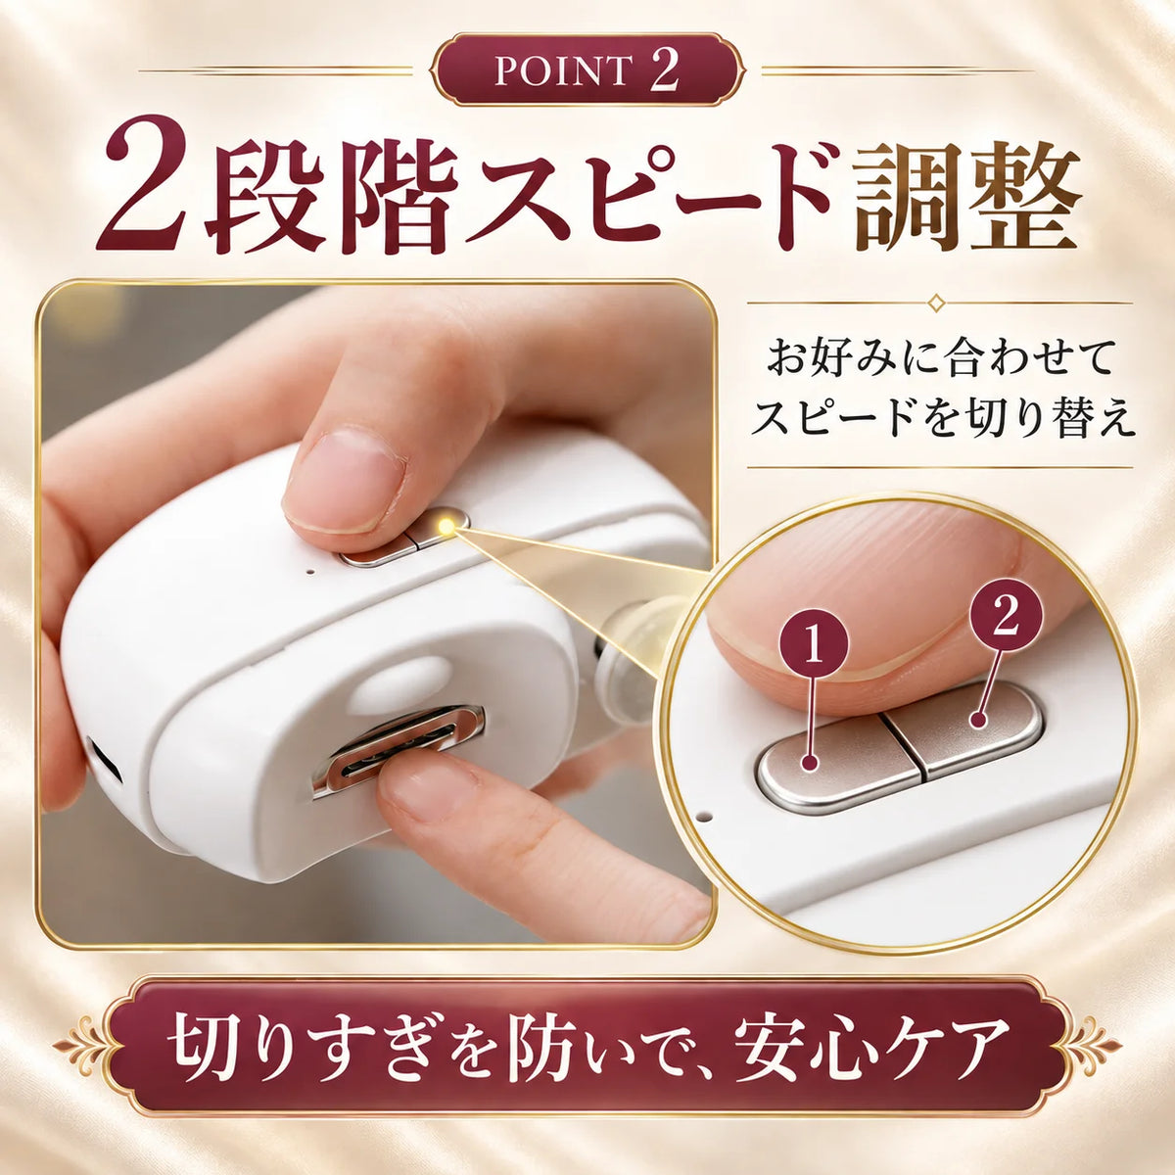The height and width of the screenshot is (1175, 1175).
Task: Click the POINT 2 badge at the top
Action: pyautogui.click(x=587, y=70)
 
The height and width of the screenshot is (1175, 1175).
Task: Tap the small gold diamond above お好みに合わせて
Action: pyautogui.click(x=935, y=302)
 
